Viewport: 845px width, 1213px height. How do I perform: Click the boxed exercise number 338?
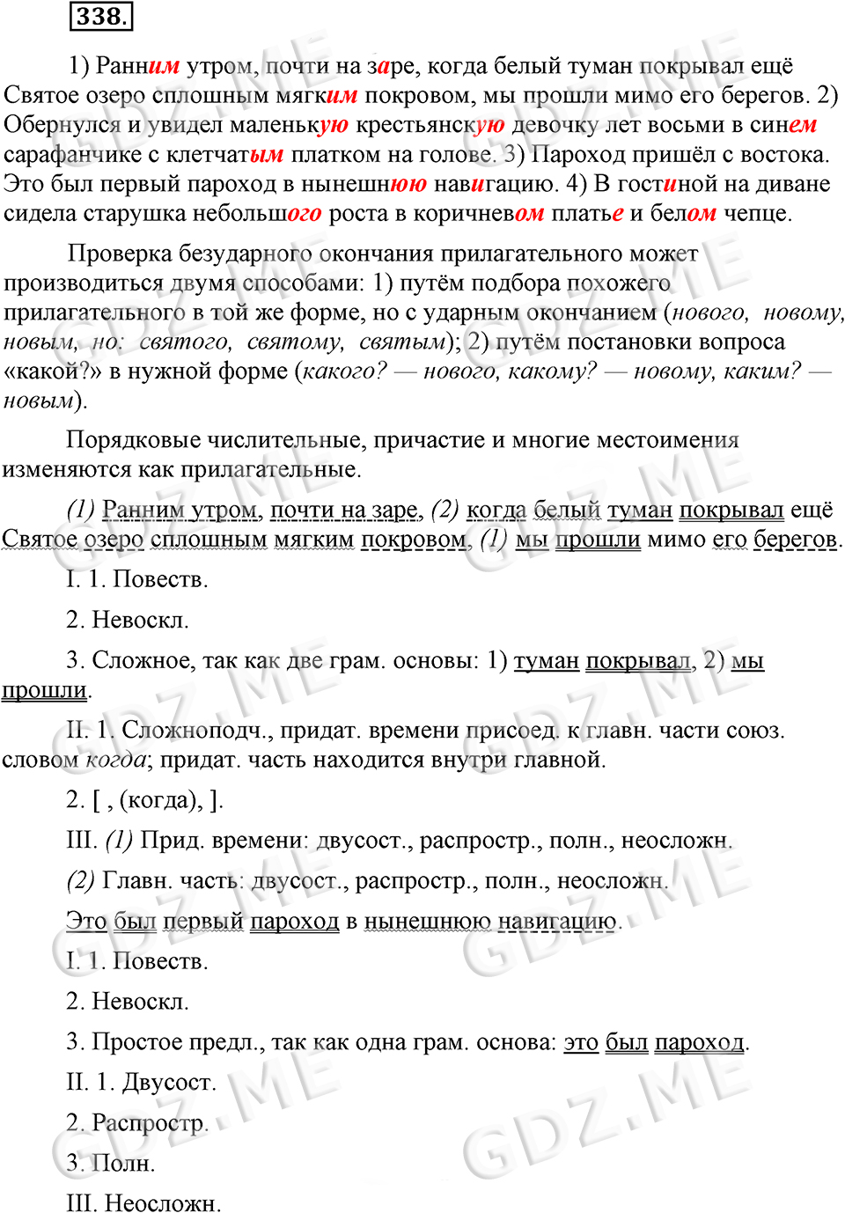coord(100,17)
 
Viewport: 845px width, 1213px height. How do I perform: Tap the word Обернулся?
coord(61,125)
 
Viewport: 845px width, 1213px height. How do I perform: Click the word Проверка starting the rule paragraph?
coord(120,254)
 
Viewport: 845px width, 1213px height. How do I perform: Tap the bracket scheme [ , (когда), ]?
coord(158,800)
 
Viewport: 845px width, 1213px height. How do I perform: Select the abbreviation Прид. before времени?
coord(173,841)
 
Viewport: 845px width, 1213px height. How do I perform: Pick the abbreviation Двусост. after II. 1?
coord(169,1083)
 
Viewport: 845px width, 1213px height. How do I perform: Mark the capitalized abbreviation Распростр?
coord(150,1124)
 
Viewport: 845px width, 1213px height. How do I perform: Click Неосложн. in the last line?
coord(163,1203)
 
